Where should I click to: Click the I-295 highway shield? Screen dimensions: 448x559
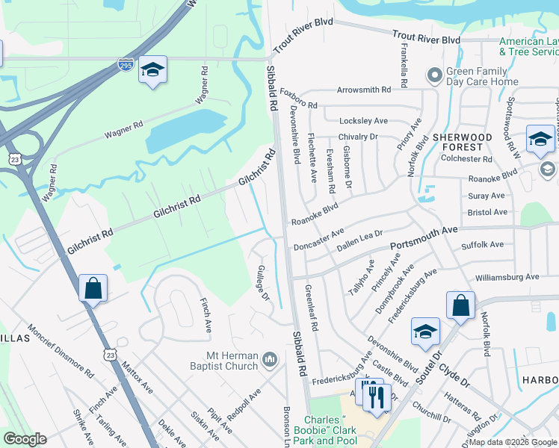coord(127,66)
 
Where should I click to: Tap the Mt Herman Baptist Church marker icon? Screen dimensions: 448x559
coord(271,361)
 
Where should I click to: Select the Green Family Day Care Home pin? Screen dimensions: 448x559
coord(433,75)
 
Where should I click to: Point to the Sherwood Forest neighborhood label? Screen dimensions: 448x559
coord(462,143)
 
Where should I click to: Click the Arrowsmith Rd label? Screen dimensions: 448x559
coord(364,90)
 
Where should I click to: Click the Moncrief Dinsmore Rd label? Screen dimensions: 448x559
coord(61,351)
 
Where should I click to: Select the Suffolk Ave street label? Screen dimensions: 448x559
coord(483,244)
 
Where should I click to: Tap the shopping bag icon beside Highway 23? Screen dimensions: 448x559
coord(93,288)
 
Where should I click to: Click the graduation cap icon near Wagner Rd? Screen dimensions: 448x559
coord(153,70)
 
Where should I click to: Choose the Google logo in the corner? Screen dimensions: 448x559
coord(25,439)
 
